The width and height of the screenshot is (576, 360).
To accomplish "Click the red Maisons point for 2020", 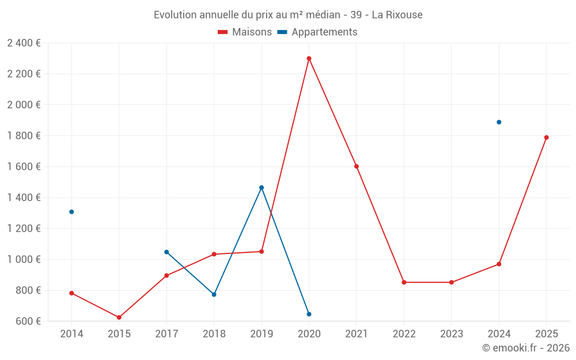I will pyautogui.click(x=309, y=58).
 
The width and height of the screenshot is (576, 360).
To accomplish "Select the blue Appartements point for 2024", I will pyautogui.click(x=499, y=122).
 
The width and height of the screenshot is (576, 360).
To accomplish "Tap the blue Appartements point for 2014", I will pyautogui.click(x=71, y=212).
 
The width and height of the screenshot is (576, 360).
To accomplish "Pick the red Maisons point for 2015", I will pyautogui.click(x=119, y=317).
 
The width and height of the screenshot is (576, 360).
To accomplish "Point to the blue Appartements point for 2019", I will pyautogui.click(x=262, y=187).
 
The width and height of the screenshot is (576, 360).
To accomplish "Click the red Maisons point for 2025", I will pyautogui.click(x=546, y=138).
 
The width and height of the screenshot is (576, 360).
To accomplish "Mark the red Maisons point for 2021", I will pyautogui.click(x=357, y=166).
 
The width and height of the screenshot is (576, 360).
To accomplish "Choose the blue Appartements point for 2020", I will pyautogui.click(x=309, y=314).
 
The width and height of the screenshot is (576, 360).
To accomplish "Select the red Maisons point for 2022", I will pyautogui.click(x=404, y=282).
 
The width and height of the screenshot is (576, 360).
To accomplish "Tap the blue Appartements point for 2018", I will pyautogui.click(x=214, y=294).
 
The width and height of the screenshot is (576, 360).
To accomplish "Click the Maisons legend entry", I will pyautogui.click(x=245, y=32).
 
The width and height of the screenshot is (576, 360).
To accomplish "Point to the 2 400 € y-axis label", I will pyautogui.click(x=24, y=43).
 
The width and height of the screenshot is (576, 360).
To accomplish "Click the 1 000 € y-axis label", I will pyautogui.click(x=24, y=259).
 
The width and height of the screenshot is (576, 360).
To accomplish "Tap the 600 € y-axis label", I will pyautogui.click(x=28, y=321).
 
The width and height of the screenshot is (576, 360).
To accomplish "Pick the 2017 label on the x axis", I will pyautogui.click(x=166, y=334).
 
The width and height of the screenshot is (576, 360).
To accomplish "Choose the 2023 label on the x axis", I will pyautogui.click(x=451, y=334).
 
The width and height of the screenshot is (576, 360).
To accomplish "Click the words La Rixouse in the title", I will pyautogui.click(x=397, y=15).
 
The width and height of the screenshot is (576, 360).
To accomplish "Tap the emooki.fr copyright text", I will pyautogui.click(x=526, y=348).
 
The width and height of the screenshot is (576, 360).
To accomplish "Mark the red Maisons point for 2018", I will pyautogui.click(x=214, y=254).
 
